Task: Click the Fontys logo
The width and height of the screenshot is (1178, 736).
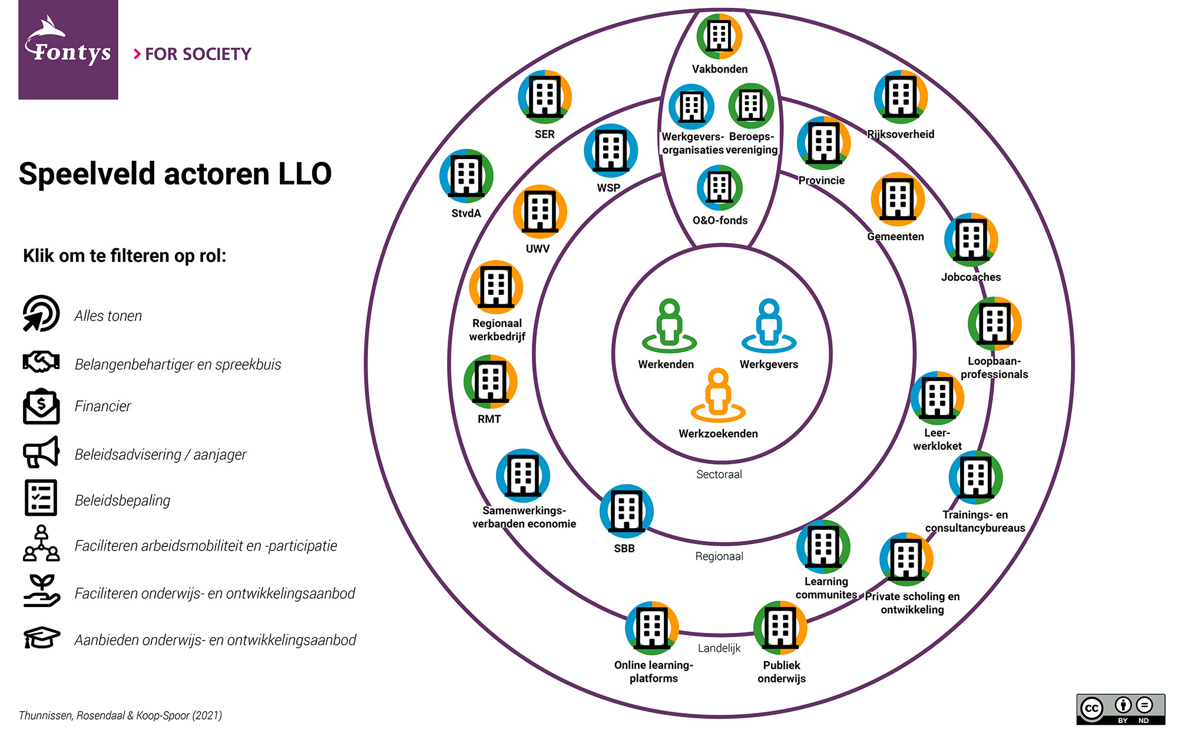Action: pyautogui.click(x=68, y=49)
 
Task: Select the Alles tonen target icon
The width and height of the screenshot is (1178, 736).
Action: pyautogui.click(x=41, y=313)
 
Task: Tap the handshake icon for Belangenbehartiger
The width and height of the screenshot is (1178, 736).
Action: pyautogui.click(x=41, y=362)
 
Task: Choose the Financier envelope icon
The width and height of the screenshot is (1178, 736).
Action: pyautogui.click(x=41, y=406)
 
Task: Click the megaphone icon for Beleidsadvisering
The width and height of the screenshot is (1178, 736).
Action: pyautogui.click(x=41, y=452)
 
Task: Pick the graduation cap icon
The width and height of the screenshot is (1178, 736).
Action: pyautogui.click(x=41, y=638)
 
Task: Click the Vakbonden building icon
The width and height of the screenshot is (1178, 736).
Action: pyautogui.click(x=719, y=37)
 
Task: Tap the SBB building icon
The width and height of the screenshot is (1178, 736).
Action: pyautogui.click(x=626, y=512)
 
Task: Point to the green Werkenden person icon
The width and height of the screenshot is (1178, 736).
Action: pyautogui.click(x=669, y=326)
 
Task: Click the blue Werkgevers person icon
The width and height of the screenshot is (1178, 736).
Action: pyautogui.click(x=769, y=326)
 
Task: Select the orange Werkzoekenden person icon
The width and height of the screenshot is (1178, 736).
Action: pyautogui.click(x=718, y=396)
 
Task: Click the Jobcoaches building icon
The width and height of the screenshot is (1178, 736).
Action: pyautogui.click(x=971, y=240)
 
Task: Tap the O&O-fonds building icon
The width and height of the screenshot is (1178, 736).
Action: pyautogui.click(x=719, y=188)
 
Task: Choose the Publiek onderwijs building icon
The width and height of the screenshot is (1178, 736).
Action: pyautogui.click(x=780, y=628)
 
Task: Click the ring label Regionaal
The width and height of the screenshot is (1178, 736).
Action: pyautogui.click(x=719, y=556)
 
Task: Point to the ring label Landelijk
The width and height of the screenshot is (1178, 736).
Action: pyautogui.click(x=719, y=648)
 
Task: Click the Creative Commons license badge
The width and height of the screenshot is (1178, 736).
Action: pyautogui.click(x=1120, y=709)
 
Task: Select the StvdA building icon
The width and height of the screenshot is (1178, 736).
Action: pyautogui.click(x=466, y=176)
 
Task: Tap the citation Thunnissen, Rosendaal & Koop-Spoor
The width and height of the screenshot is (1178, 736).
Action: pyautogui.click(x=120, y=715)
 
